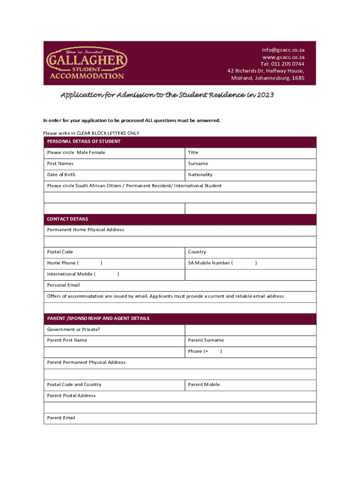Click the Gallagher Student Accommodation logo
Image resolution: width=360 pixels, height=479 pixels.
[x=86, y=63]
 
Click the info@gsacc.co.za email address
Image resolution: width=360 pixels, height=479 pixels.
[x=283, y=50]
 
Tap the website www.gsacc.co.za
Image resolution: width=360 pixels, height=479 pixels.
[x=283, y=57]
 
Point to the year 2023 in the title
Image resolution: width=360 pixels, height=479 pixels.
[x=265, y=95]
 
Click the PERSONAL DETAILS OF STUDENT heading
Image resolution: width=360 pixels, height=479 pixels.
[x=84, y=141]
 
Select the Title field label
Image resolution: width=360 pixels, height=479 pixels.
[x=193, y=152]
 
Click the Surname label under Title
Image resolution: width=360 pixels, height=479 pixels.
[x=198, y=164]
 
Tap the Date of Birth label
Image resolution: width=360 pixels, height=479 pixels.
[x=61, y=174]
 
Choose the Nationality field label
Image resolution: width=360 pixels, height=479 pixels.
[x=200, y=174]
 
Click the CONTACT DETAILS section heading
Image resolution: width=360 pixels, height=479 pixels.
[x=68, y=219]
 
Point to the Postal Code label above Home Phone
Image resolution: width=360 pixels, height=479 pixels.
[x=60, y=252]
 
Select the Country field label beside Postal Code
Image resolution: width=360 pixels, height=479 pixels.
[x=197, y=252]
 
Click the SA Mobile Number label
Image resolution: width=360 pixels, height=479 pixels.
[x=209, y=263]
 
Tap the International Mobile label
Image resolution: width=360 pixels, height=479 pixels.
[x=70, y=274]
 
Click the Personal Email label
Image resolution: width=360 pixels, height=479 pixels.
[x=64, y=285]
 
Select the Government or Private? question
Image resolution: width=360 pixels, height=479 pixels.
[x=73, y=329]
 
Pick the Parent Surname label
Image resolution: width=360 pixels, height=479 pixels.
[x=206, y=340]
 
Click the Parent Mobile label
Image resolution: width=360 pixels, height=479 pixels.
[x=204, y=385]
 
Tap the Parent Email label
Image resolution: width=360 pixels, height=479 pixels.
[x=61, y=418]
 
